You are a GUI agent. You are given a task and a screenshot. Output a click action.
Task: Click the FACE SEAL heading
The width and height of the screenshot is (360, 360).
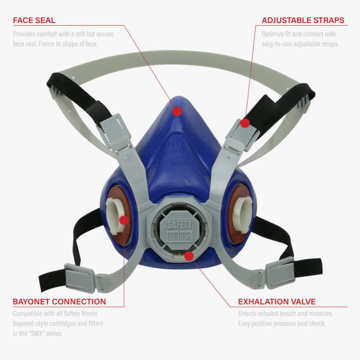[x=34, y=20]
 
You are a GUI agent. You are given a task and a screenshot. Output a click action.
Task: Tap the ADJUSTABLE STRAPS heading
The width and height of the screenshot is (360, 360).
[x=303, y=20]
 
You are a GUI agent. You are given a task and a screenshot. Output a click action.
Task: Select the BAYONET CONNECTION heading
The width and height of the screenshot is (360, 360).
[x=59, y=301]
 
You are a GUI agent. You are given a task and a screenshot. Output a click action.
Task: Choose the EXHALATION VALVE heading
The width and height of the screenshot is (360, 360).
[x=277, y=301]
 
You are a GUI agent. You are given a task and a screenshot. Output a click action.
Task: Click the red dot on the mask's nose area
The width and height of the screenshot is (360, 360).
[x=177, y=111]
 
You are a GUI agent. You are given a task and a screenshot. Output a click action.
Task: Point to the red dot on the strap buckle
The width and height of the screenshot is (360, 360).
[x=245, y=123]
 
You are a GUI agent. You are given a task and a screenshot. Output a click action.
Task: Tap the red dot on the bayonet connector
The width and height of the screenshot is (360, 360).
[x=124, y=220]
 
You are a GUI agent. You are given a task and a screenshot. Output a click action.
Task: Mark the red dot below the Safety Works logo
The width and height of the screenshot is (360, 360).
[x=189, y=255]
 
